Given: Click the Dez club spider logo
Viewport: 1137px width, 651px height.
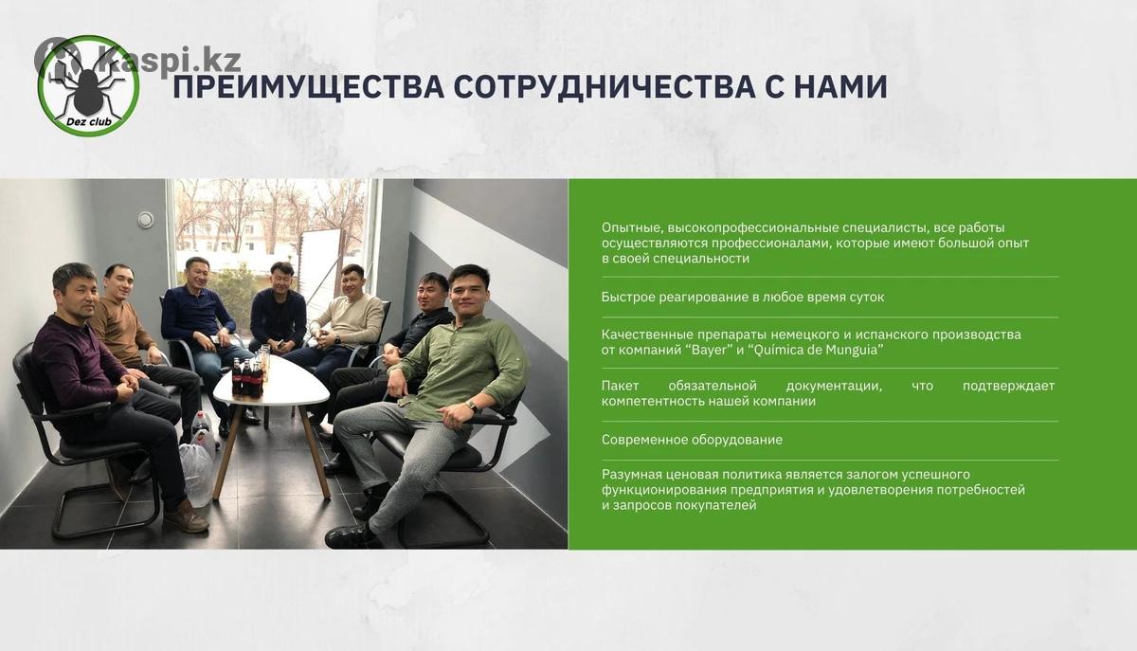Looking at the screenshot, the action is point(88,86).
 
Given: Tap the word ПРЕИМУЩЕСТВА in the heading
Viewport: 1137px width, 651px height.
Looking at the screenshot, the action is point(309,87).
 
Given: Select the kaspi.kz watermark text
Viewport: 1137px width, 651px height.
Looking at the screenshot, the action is point(169,60).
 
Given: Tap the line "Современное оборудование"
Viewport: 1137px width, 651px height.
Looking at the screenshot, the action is point(692,440).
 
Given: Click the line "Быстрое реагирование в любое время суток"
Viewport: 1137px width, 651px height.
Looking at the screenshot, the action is point(743,297).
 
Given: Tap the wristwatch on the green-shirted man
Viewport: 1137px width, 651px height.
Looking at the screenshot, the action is point(472,406).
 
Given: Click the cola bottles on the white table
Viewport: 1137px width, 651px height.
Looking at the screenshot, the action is point(247,376).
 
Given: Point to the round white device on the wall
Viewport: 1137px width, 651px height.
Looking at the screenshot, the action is point(146,220).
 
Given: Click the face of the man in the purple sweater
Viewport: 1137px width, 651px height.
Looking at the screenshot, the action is point(77,297).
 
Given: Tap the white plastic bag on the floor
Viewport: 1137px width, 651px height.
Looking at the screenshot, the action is point(197,472).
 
